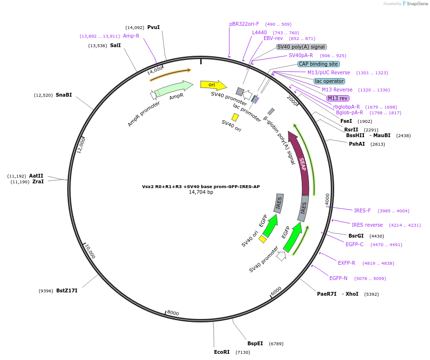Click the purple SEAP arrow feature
(x=302, y=164)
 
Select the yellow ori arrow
(x=213, y=85)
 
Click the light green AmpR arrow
(x=174, y=89)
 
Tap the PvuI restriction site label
(x=154, y=27)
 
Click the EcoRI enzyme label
(x=222, y=352)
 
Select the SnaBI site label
(x=64, y=95)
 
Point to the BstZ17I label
(x=67, y=290)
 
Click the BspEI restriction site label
(x=255, y=343)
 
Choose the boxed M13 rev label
(x=338, y=98)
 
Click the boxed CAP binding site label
(x=318, y=64)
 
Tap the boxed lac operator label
(x=329, y=81)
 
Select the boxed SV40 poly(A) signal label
(x=301, y=47)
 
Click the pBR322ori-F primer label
(x=244, y=24)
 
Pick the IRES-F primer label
(x=362, y=210)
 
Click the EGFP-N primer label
(x=338, y=278)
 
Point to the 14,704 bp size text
(x=201, y=192)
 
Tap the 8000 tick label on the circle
(x=173, y=313)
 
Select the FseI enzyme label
(x=346, y=121)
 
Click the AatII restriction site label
(x=36, y=176)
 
